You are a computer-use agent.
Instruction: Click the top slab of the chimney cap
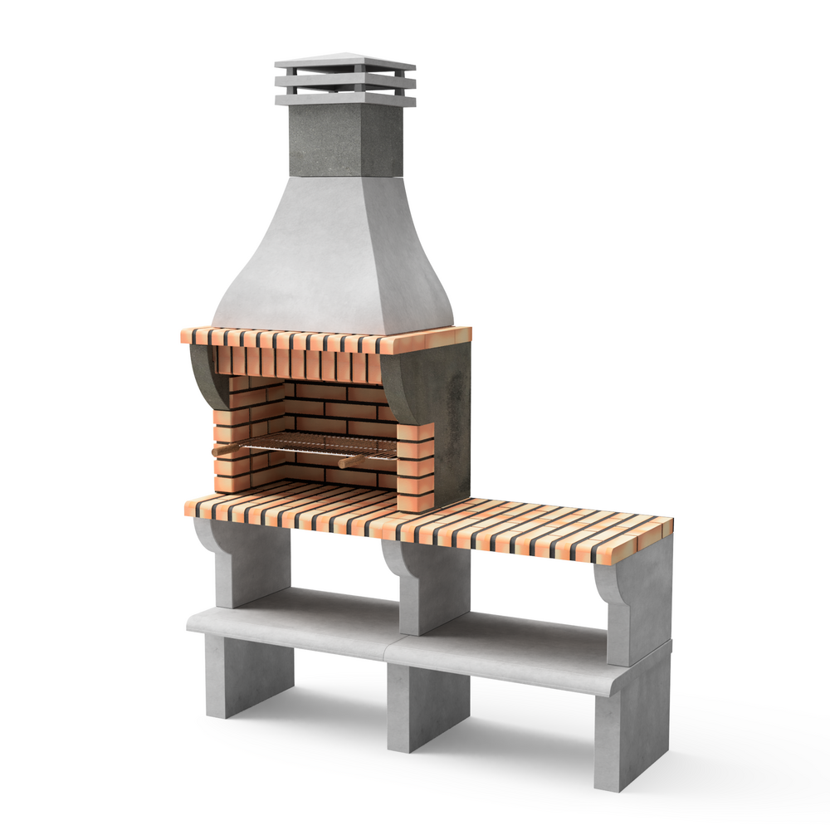tap(344, 63)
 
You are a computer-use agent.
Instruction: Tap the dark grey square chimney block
tap(344, 141)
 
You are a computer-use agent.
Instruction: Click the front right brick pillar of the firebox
tap(415, 465)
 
